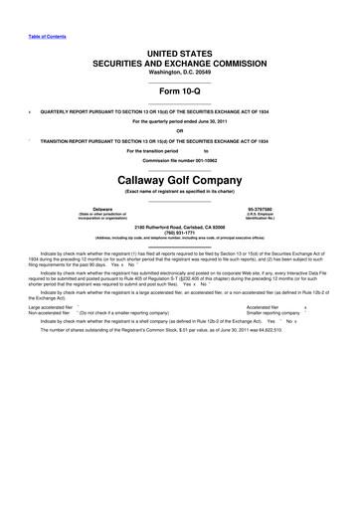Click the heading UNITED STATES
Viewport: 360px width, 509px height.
point(180,50)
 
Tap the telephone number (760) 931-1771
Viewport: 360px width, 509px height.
point(180,234)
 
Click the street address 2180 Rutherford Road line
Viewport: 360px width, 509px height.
point(180,228)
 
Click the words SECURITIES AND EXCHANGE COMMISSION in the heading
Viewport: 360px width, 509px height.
point(180,60)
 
